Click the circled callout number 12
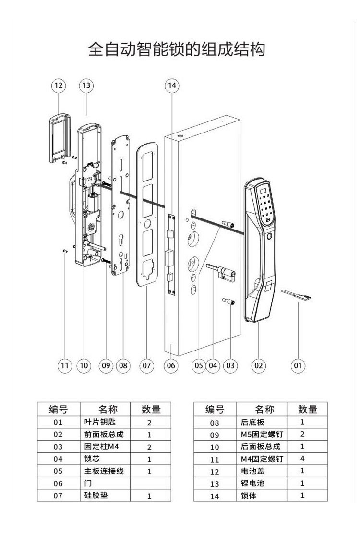(x=59, y=85)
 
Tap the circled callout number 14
(x=171, y=85)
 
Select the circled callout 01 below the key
(x=298, y=365)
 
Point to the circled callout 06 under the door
(x=171, y=365)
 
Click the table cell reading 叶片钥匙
(x=98, y=423)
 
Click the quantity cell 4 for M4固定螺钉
(x=302, y=459)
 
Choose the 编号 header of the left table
(x=58, y=410)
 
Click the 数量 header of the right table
(x=308, y=409)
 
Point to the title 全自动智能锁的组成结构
(x=177, y=49)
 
